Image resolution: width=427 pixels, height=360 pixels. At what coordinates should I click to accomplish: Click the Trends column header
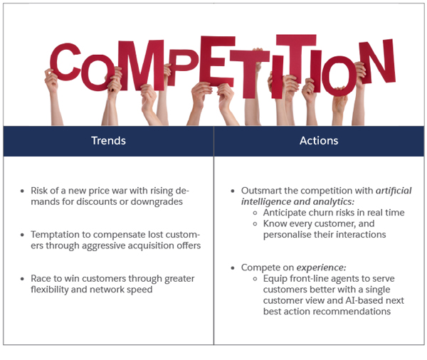click(108, 141)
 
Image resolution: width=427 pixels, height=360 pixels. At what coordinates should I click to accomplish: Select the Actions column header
click(319, 141)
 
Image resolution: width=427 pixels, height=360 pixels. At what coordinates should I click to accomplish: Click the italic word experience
click(320, 268)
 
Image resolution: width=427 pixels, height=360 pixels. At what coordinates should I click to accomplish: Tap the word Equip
click(276, 278)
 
